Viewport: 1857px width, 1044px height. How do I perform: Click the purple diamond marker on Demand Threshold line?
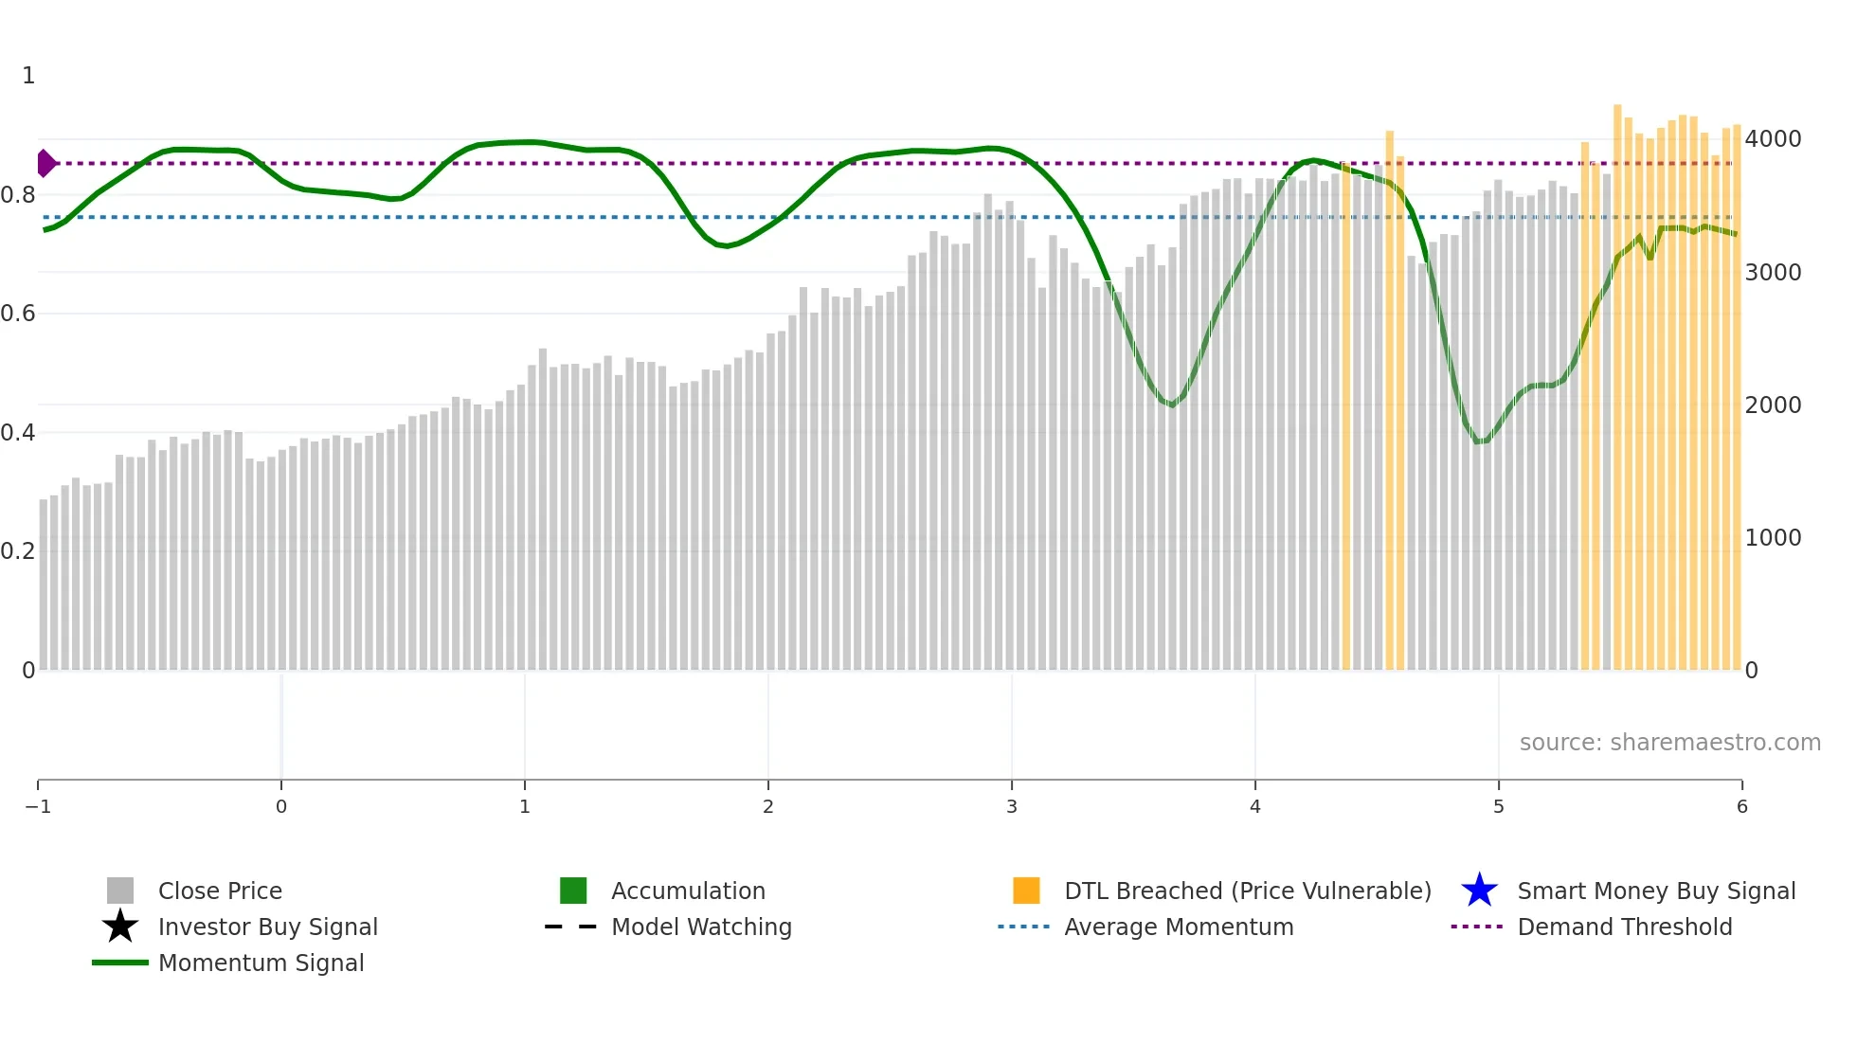(45, 163)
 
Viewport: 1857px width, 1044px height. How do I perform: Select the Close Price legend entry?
(219, 891)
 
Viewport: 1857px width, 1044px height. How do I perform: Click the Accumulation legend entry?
(687, 891)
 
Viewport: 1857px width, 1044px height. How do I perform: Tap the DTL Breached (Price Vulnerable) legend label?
(1247, 891)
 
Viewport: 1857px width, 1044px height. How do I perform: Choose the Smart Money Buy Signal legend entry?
(1655, 891)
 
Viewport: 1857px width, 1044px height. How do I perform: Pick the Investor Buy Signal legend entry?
(267, 927)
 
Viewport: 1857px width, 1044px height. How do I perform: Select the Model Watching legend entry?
(700, 927)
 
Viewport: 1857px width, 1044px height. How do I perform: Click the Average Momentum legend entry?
(1178, 927)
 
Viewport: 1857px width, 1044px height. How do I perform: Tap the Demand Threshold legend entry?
(1624, 927)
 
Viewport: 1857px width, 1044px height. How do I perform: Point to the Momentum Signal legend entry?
(261, 963)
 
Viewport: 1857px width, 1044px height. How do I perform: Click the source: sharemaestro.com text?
(1669, 742)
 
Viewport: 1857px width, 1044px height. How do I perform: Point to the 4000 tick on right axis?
(1773, 139)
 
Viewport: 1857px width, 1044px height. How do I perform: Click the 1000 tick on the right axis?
(1773, 537)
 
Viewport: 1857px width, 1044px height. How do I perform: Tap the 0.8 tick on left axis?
(18, 195)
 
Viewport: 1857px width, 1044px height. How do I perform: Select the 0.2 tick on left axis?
(18, 551)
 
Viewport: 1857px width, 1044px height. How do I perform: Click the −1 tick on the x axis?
(38, 806)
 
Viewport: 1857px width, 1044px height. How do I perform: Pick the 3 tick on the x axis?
(1012, 806)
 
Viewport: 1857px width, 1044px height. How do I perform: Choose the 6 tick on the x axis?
(1741, 806)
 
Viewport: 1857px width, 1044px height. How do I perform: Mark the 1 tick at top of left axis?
(28, 76)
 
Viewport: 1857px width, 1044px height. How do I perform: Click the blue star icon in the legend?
(1479, 891)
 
